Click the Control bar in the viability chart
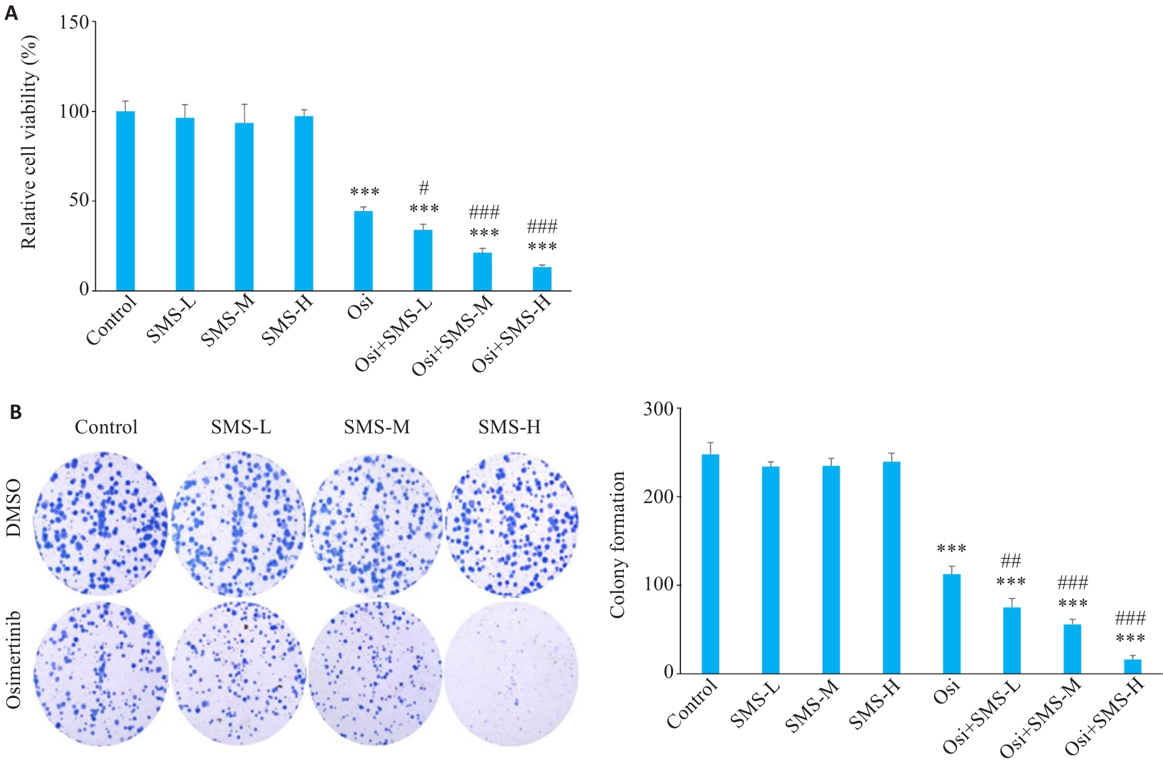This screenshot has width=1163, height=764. [x=126, y=200]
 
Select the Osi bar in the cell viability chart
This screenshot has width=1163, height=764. [x=364, y=251]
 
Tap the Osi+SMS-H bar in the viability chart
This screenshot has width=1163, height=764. [x=542, y=278]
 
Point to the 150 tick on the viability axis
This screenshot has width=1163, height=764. [x=74, y=22]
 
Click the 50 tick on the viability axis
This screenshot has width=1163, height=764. [x=79, y=200]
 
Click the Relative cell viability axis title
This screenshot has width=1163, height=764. [x=29, y=142]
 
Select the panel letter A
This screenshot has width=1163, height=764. [x=11, y=13]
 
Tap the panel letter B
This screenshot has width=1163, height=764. [x=16, y=412]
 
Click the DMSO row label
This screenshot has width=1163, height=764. [x=14, y=508]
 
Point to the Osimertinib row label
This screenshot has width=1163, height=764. [x=14, y=660]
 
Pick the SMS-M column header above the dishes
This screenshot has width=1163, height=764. [x=377, y=427]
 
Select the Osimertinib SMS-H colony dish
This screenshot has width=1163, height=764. [x=511, y=673]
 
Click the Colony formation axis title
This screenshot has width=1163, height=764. [x=617, y=545]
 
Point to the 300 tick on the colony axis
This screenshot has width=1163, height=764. [x=658, y=409]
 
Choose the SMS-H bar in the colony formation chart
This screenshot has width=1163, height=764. [x=891, y=567]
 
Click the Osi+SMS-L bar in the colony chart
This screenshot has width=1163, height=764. [x=1012, y=640]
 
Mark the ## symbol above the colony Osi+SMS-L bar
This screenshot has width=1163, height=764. [x=1010, y=561]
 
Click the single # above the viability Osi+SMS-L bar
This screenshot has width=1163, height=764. [x=424, y=187]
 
